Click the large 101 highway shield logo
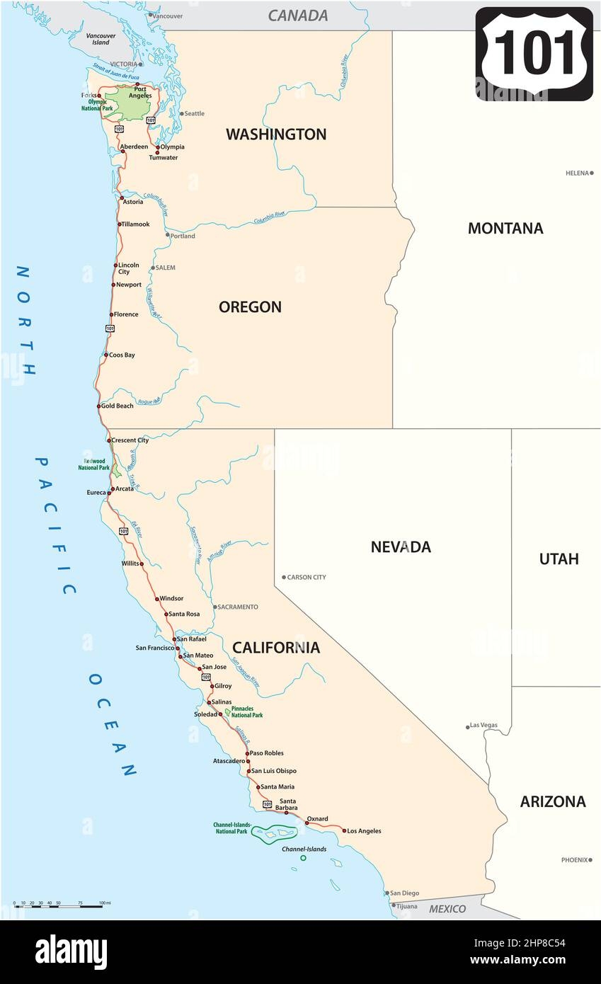click(534, 54)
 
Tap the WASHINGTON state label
click(276, 135)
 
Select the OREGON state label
click(250, 307)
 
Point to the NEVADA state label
click(401, 547)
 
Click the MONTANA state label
click(505, 228)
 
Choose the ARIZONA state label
click(553, 801)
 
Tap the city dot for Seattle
click(182, 113)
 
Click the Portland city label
click(183, 236)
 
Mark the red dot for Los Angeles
click(345, 830)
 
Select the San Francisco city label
click(154, 647)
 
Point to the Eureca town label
click(96, 492)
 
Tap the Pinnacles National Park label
click(247, 711)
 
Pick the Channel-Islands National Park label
click(231, 828)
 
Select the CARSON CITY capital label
click(307, 577)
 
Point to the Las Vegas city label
click(484, 725)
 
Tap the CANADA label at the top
click(297, 16)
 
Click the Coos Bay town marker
click(105, 355)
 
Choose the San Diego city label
click(404, 893)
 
